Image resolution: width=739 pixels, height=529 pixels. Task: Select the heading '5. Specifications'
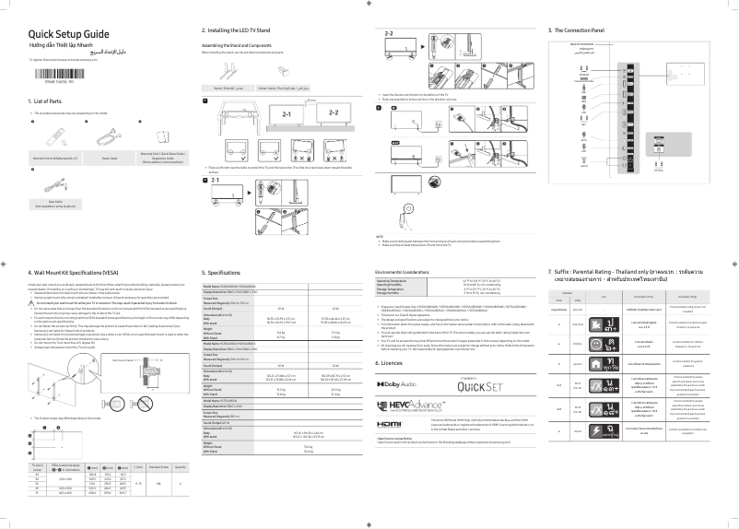[x=221, y=273]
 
